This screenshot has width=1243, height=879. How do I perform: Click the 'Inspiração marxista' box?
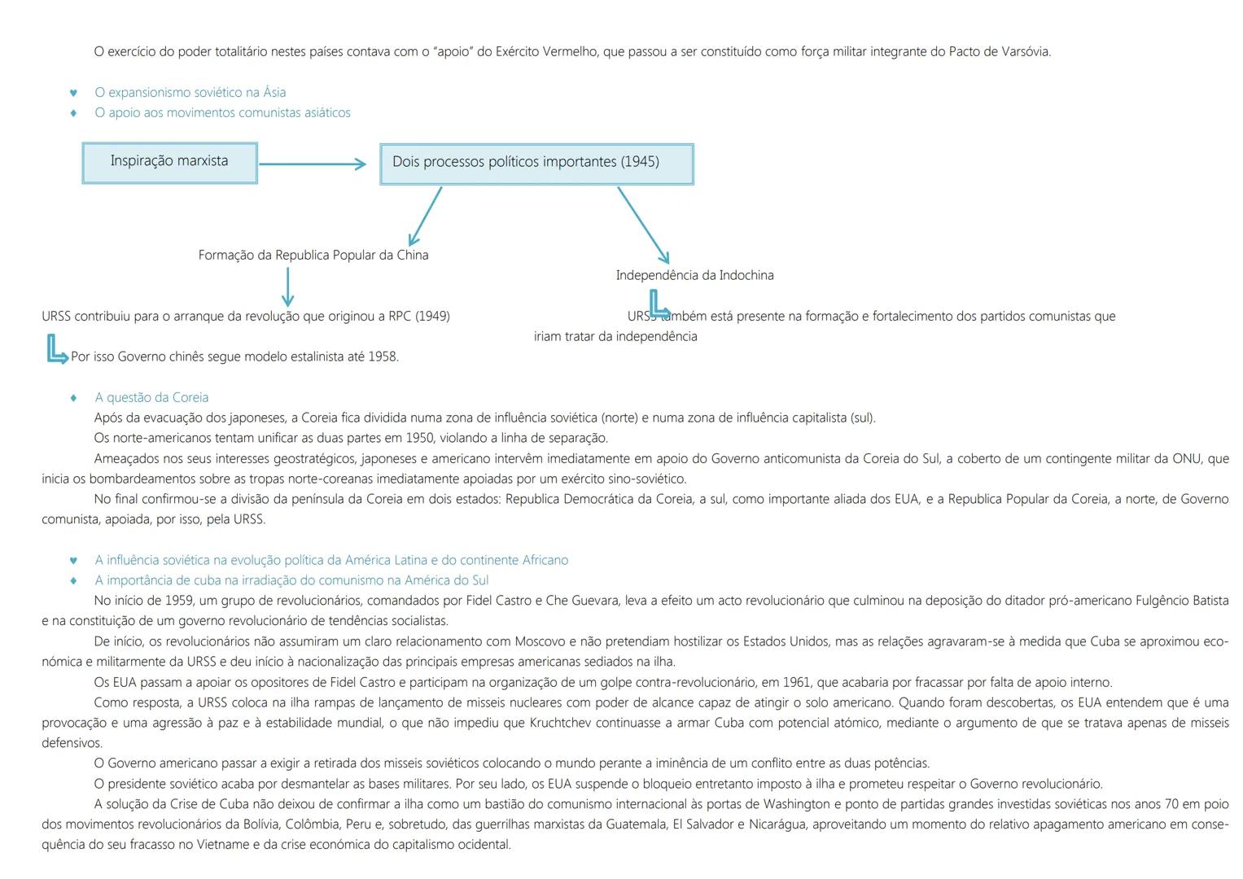(x=169, y=163)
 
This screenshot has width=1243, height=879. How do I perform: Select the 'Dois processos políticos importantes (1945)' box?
(x=536, y=164)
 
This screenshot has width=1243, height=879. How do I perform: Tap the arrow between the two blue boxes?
(x=313, y=164)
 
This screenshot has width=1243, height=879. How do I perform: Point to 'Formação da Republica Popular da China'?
(x=313, y=256)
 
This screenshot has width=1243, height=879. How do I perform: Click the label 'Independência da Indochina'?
(x=694, y=276)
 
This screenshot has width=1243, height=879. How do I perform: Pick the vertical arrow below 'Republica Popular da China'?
(x=287, y=287)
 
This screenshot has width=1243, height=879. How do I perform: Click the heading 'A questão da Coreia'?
(x=151, y=398)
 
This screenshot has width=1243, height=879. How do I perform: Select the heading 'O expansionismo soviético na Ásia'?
(x=190, y=93)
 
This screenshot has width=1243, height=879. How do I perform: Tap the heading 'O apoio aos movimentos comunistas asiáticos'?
(x=222, y=113)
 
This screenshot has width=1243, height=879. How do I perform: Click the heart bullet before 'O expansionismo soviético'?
(x=74, y=93)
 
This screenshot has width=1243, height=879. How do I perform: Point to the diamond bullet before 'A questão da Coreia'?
(x=74, y=398)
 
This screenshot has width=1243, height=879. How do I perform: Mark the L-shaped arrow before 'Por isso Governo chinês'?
(x=56, y=352)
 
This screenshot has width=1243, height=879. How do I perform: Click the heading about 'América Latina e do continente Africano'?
(x=331, y=561)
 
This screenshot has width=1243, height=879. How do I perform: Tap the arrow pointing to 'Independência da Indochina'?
(x=643, y=225)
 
